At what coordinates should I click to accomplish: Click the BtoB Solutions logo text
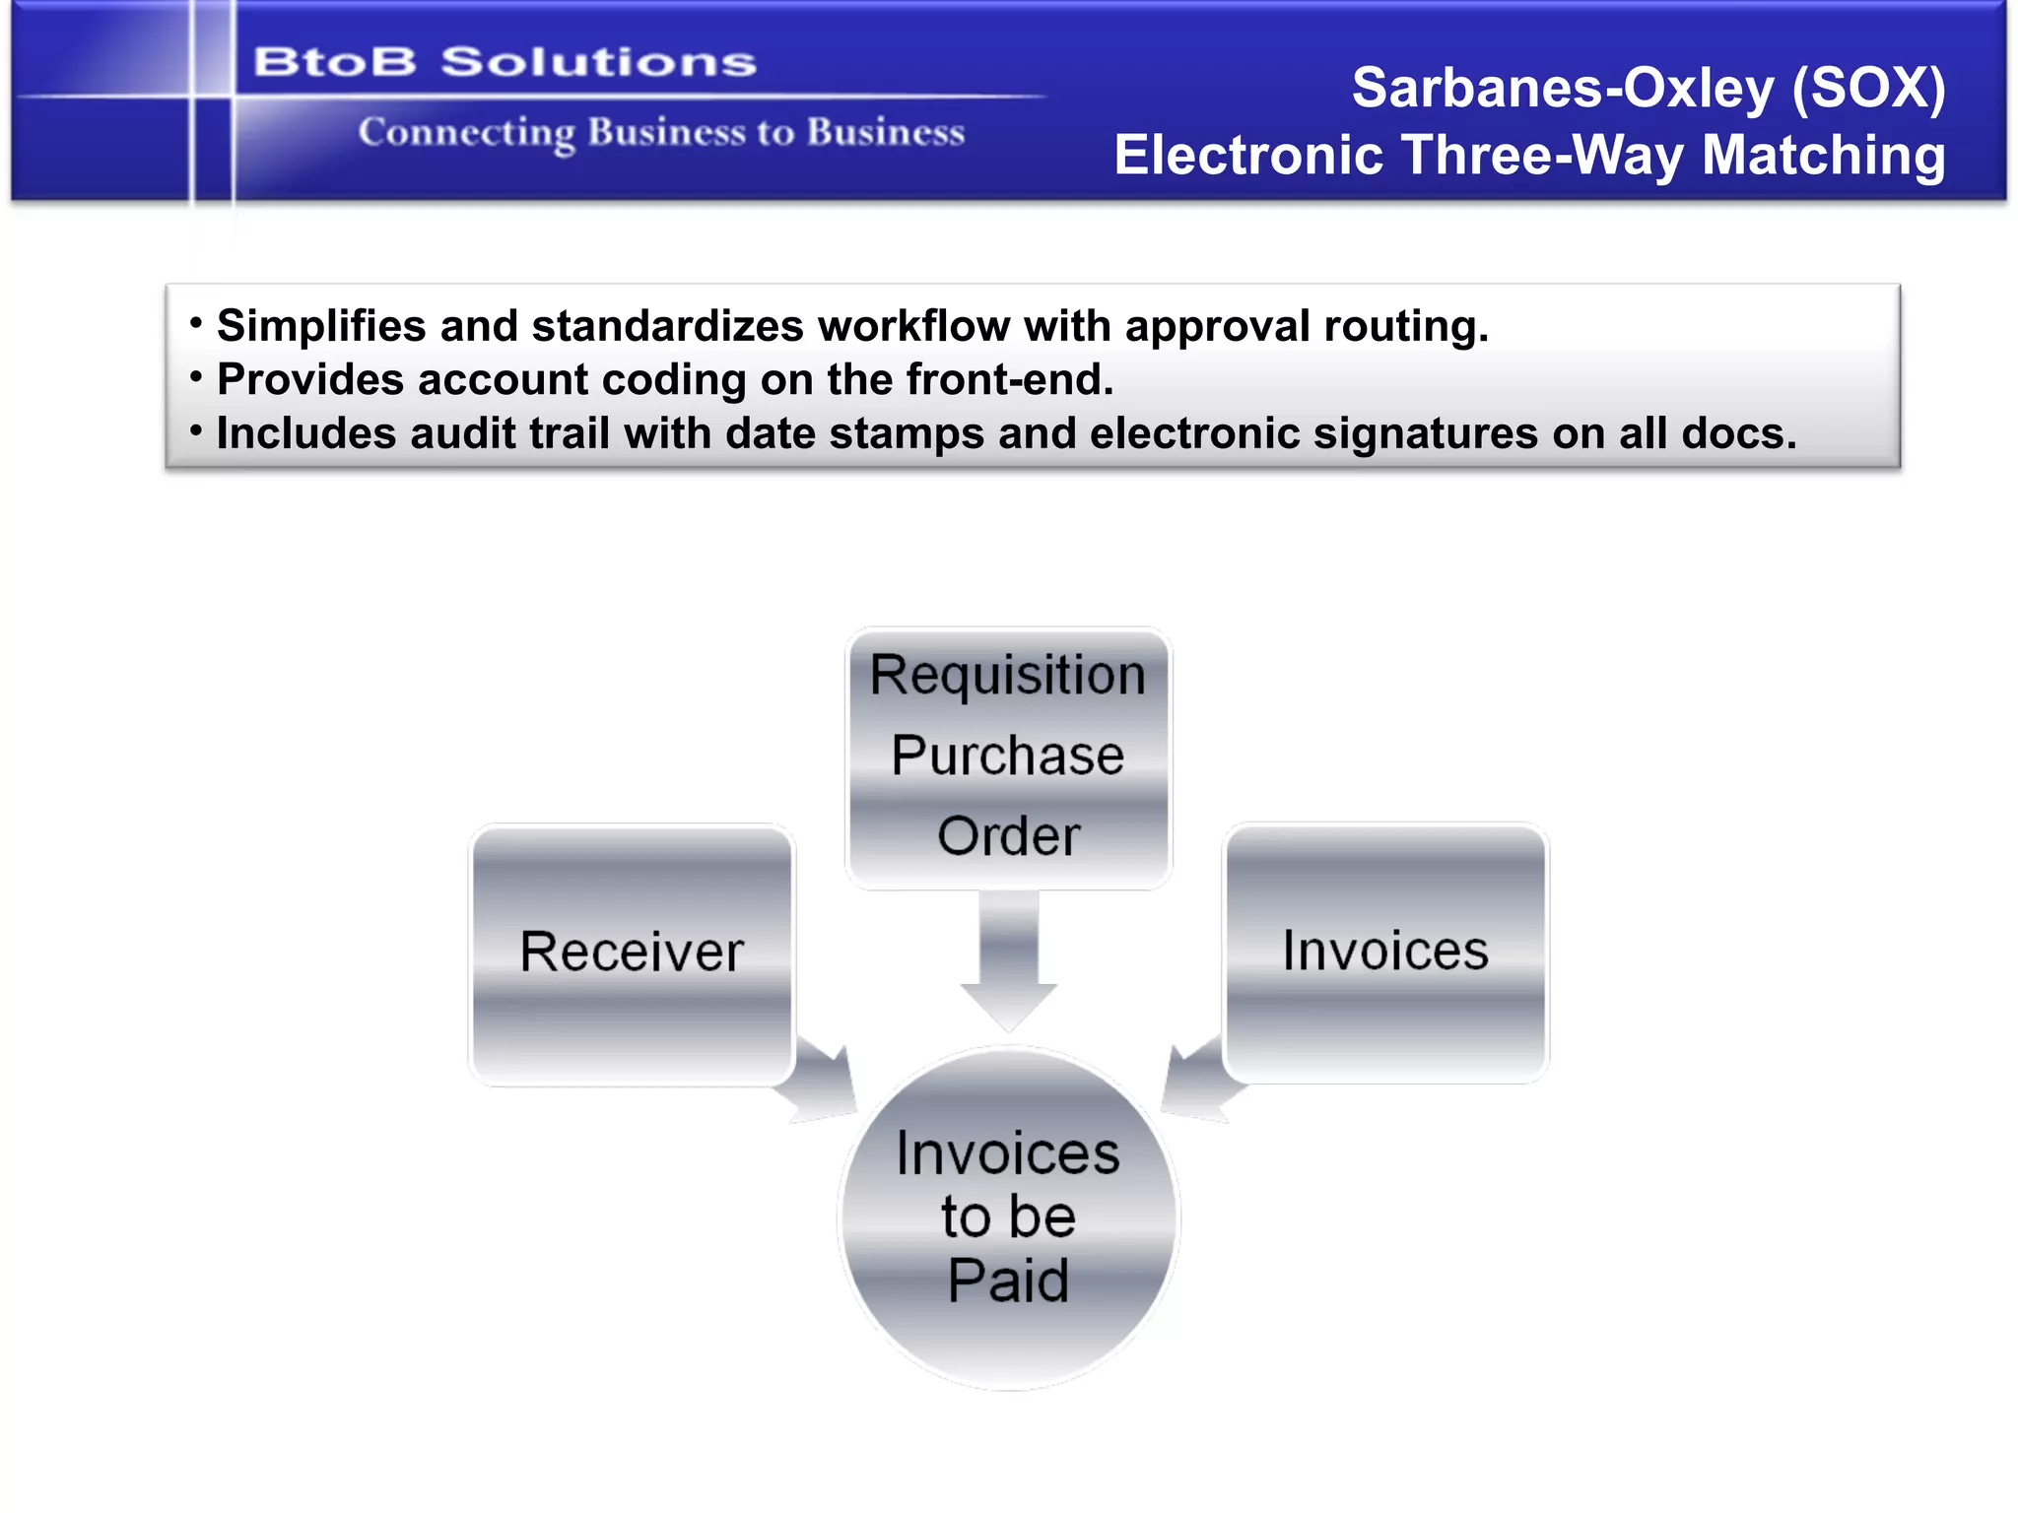[504, 62]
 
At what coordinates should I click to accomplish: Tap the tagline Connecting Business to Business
[661, 132]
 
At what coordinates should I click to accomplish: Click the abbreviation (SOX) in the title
[1868, 89]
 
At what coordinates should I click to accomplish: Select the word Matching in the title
[1823, 156]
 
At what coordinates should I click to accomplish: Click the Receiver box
[632, 954]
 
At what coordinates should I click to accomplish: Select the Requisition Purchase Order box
[1008, 756]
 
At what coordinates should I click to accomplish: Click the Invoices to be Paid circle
[1008, 1217]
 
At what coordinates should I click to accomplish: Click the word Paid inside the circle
[1008, 1281]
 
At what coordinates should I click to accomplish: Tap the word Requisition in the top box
[1008, 676]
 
